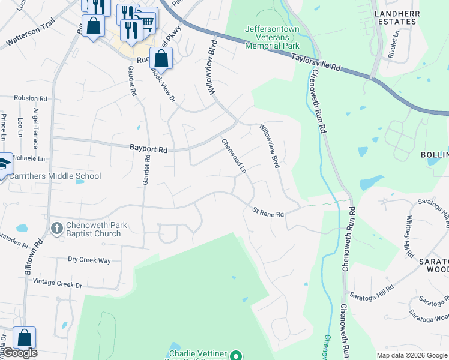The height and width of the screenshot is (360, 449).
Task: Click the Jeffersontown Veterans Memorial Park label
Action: (272, 37)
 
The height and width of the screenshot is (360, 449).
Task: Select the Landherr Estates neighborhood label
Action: (395, 17)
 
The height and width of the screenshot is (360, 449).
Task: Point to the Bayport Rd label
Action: (148, 147)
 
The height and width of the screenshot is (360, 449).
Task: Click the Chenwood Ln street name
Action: (234, 157)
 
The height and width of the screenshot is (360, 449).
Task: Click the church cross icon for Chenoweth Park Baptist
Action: (57, 227)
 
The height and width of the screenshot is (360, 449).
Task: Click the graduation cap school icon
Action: (2, 166)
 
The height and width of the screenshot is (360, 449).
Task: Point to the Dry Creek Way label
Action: (89, 260)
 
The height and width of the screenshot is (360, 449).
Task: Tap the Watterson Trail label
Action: (30, 33)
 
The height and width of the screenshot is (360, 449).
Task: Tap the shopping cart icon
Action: (146, 19)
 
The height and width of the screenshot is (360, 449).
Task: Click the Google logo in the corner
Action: (20, 352)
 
